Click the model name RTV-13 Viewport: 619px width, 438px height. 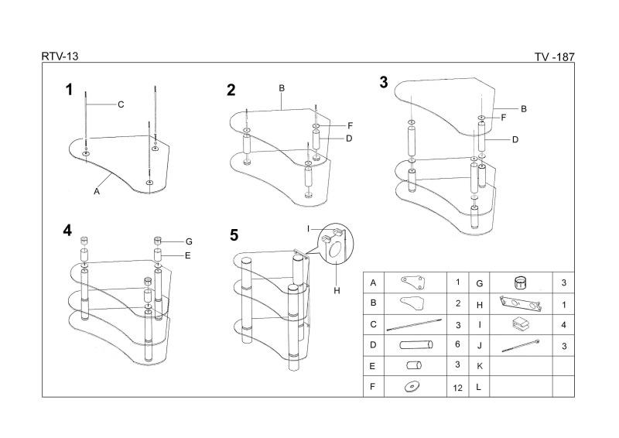[x=60, y=56]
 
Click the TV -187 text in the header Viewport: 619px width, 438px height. [x=554, y=57]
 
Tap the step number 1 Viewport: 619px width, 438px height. [x=69, y=90]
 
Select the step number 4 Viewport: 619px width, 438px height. [x=68, y=231]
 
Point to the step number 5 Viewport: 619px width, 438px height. [x=235, y=234]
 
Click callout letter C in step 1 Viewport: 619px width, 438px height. [x=121, y=104]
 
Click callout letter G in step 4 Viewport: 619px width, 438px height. [x=189, y=241]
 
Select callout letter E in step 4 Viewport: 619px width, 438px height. [x=188, y=255]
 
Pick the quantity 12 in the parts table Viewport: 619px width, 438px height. [x=457, y=386]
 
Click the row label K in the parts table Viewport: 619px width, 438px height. [x=480, y=365]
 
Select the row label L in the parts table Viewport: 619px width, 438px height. [x=480, y=386]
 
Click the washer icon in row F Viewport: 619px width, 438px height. [x=412, y=386]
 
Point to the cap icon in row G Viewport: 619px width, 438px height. [x=521, y=281]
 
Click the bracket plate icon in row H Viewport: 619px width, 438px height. [x=520, y=303]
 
